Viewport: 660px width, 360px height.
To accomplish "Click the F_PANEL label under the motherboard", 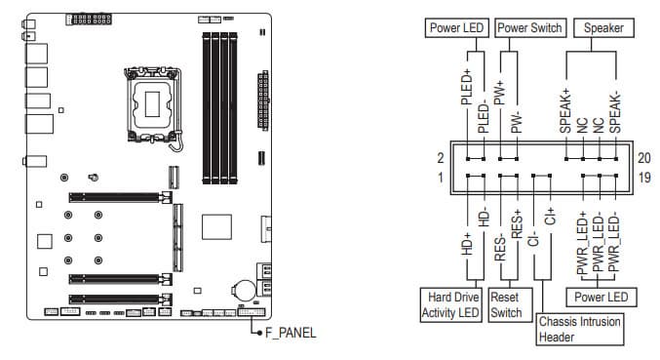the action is coord(291,333).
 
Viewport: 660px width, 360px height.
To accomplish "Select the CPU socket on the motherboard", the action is coord(153,104).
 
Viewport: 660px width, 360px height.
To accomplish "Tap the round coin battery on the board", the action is coord(245,291).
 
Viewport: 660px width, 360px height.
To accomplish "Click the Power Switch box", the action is coord(529,27).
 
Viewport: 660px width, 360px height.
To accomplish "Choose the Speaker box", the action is coord(603,27).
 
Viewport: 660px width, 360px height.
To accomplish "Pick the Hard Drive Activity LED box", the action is coord(450,304).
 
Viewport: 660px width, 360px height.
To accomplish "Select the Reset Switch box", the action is coord(510,304).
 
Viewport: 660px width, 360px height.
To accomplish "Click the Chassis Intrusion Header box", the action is coord(580,329).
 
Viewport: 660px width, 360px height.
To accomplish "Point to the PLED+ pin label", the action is coord(467,87).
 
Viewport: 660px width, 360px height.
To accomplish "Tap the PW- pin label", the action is coord(517,123).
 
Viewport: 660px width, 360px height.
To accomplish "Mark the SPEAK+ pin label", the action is coord(565,111).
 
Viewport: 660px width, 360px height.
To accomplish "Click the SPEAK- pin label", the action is coord(615,113).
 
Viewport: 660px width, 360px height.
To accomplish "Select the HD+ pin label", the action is coord(467,244).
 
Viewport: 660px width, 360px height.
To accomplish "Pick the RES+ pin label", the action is coord(517,224).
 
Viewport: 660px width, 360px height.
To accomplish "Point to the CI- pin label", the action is coord(533,238).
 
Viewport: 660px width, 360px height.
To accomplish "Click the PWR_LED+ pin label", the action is coord(583,243).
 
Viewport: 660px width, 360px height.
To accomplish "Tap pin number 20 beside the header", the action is coord(644,158).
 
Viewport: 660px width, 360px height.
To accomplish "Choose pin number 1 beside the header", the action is coord(441,178).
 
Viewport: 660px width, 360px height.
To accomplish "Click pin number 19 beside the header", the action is coord(644,178).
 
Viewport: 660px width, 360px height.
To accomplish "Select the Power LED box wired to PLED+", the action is coord(456,27).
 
